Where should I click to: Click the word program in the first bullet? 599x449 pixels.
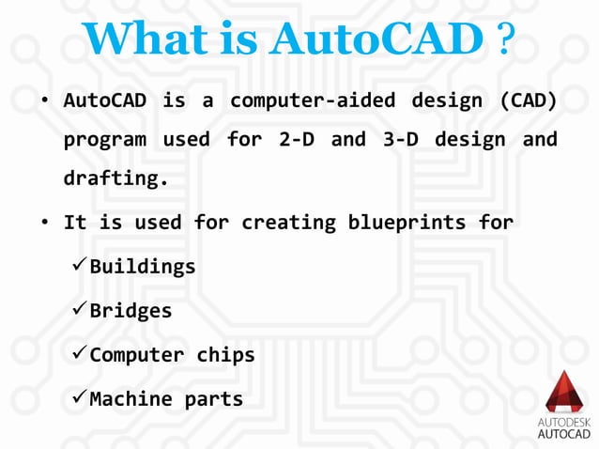point(104,140)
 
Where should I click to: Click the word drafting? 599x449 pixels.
point(115,179)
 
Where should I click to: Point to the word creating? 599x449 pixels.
point(284,223)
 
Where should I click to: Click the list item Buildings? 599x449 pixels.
point(142,267)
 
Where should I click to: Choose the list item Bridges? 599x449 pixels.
point(131,311)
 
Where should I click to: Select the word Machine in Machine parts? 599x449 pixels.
point(131,399)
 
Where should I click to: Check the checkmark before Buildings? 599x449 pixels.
point(79,266)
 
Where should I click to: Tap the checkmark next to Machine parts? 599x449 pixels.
point(79,398)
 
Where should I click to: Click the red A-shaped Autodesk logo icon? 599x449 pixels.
point(564,394)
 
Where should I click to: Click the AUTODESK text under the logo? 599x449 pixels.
point(564,424)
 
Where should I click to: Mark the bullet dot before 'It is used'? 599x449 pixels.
point(44,224)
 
